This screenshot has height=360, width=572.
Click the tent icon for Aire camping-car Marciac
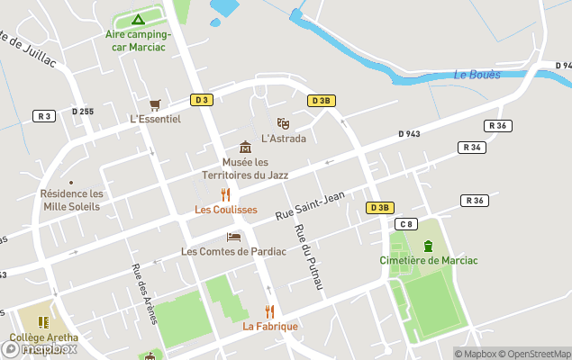(x=138, y=19)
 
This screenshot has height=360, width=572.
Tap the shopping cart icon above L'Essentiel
(x=155, y=104)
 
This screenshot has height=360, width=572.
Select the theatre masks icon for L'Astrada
(x=283, y=123)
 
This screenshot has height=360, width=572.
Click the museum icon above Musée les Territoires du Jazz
(x=245, y=147)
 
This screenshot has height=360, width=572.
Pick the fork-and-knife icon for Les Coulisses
(x=226, y=194)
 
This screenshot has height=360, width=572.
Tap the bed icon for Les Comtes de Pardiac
(x=233, y=237)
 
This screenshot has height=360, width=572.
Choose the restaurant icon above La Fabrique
(x=269, y=311)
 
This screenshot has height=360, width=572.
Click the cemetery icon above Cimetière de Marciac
(x=428, y=246)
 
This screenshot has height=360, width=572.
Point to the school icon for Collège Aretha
(x=43, y=322)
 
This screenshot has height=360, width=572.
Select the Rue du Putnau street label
(x=308, y=256)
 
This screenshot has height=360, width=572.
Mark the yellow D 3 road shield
(x=201, y=100)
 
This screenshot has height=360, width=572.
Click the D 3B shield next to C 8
(x=379, y=208)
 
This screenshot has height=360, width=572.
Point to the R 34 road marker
(x=471, y=147)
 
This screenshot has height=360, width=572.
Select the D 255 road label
(x=81, y=112)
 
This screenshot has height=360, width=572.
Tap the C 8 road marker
(x=407, y=224)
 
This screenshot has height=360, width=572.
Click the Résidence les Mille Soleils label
(x=72, y=200)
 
